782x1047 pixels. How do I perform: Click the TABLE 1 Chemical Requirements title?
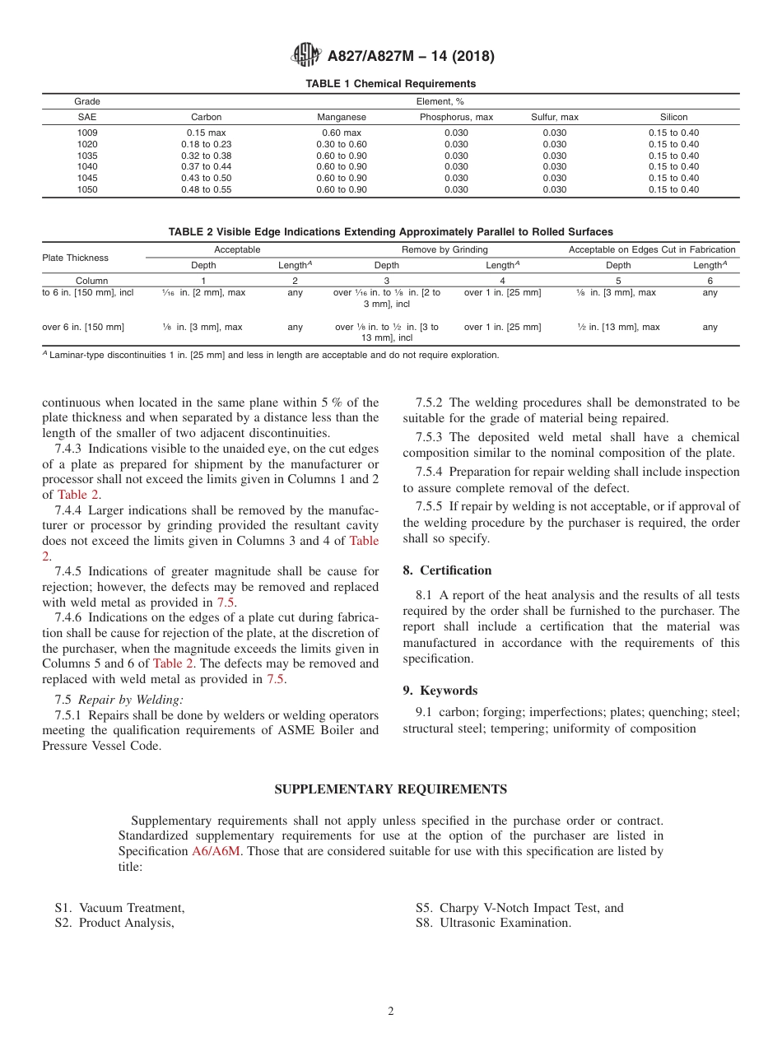tap(390, 84)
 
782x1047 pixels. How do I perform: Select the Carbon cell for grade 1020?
tap(206, 144)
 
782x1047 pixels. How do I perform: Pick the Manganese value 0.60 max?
tap(341, 133)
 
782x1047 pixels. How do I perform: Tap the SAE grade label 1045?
tap(87, 178)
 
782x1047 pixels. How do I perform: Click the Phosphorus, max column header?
tap(456, 117)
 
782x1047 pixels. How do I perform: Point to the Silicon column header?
tap(673, 117)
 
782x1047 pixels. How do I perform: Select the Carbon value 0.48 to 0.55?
tap(206, 189)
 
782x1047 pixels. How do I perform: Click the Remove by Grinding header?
tap(445, 249)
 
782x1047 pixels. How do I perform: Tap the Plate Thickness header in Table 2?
tap(75, 258)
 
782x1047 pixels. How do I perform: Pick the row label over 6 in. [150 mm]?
tap(83, 327)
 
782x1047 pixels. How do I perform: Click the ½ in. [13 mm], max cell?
tap(618, 327)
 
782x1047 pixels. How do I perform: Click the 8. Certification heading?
tap(447, 570)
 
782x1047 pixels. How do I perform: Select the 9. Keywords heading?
tap(440, 691)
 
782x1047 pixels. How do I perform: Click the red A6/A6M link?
tap(216, 851)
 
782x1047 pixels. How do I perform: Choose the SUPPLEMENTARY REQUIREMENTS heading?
tap(390, 789)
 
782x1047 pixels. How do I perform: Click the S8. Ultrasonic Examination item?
tap(493, 923)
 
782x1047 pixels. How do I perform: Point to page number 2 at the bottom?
tap(391, 1012)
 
